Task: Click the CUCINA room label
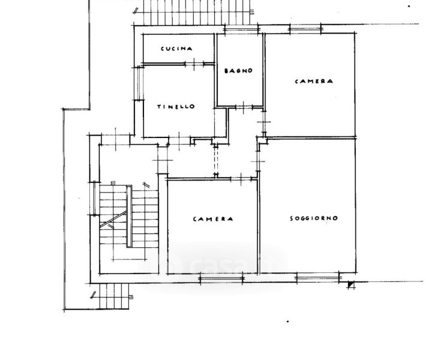coord(176,49)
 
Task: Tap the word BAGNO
coord(239,71)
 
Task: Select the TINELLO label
coord(176,107)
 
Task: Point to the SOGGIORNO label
coord(314,218)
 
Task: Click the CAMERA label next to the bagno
coord(314,81)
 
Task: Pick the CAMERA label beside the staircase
coord(213,219)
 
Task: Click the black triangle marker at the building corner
coord(351,285)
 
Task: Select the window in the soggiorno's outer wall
coord(318,278)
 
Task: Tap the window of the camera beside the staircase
coord(221,278)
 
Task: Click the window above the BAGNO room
coord(241,29)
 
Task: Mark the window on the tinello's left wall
coord(139,83)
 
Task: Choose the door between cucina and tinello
coord(194,64)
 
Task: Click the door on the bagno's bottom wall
coord(244,107)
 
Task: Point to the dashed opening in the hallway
coord(216,161)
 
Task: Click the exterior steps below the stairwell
coord(114,296)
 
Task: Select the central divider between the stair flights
coord(129,216)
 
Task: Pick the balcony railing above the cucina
coord(194,12)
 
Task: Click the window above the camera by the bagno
coord(305,29)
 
